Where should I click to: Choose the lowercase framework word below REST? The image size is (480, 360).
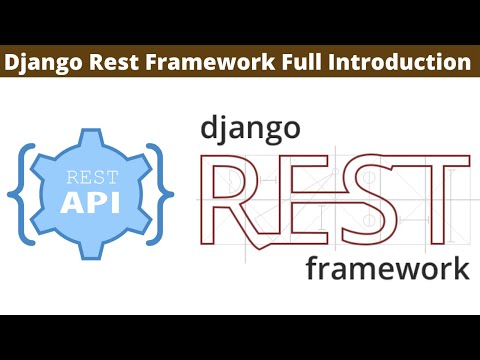(x=387, y=269)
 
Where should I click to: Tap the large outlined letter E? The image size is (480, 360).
(x=305, y=200)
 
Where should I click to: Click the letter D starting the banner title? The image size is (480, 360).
(x=13, y=62)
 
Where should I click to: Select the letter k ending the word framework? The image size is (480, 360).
(x=459, y=267)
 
